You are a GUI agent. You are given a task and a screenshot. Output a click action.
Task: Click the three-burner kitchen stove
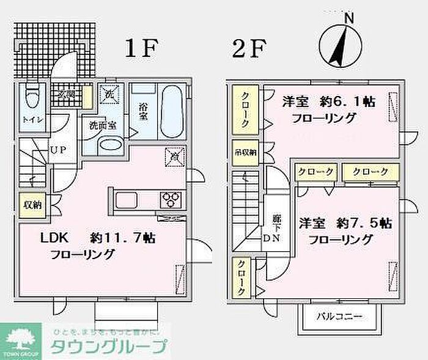171,199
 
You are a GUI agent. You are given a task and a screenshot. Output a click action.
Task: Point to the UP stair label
59,149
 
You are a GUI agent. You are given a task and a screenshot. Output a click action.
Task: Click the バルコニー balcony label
339,317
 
